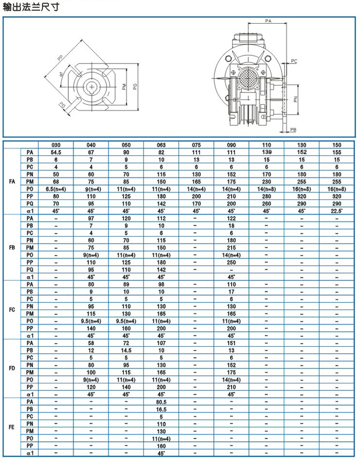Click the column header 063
[x=161, y=145]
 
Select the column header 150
[x=337, y=145]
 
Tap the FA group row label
[x=12, y=182]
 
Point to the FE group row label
[x=12, y=427]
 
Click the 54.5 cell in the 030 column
[x=56, y=153]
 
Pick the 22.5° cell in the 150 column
[x=337, y=211]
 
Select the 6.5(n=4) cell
[x=56, y=189]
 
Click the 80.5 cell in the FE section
[x=161, y=402]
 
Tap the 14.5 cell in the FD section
[x=126, y=350]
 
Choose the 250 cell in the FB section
[x=232, y=262]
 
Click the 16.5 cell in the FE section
[x=161, y=409]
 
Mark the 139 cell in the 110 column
[x=267, y=153]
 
